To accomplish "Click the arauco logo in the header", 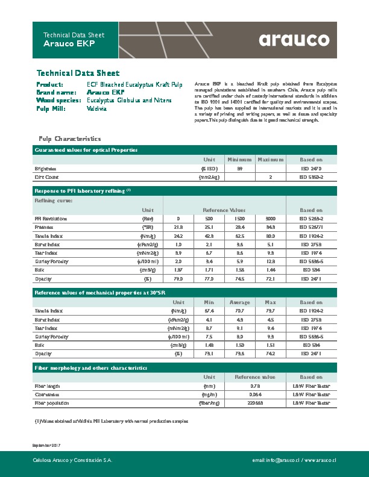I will pyautogui.click(x=294, y=40).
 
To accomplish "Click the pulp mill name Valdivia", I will pyautogui.click(x=97, y=108).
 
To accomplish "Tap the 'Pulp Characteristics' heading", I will pyautogui.click(x=65, y=139).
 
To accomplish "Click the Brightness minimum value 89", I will pyautogui.click(x=239, y=169).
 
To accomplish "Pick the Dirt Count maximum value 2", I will pyautogui.click(x=271, y=178).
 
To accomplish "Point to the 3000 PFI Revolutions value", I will pyautogui.click(x=271, y=218).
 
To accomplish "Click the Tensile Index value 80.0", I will pyautogui.click(x=271, y=236).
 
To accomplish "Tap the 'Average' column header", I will pyautogui.click(x=239, y=302).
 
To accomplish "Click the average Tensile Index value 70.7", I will pyautogui.click(x=239, y=310).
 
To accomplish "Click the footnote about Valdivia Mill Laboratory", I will pyautogui.click(x=112, y=422).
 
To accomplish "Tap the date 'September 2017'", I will pyautogui.click(x=46, y=444).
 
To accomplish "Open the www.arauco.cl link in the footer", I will pyautogui.click(x=320, y=460).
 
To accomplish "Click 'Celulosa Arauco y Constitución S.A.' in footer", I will pyautogui.click(x=72, y=460).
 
